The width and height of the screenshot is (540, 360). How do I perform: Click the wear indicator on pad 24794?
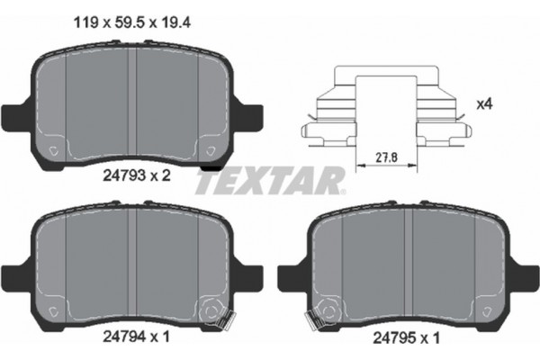tap(211, 311)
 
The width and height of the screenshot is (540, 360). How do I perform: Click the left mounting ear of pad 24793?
tap(18, 116)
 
